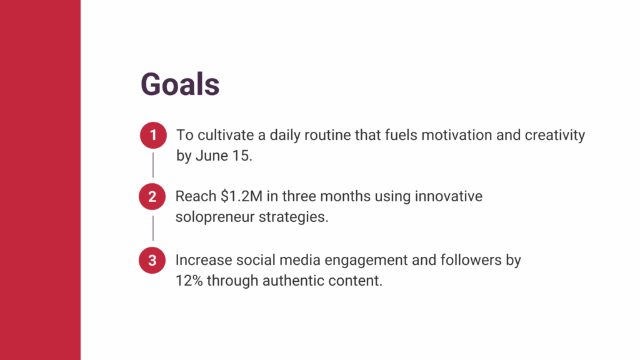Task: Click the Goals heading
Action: (180, 84)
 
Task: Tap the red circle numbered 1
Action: (154, 135)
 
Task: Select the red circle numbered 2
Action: (152, 197)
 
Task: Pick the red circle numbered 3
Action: (152, 261)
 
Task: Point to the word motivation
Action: (457, 135)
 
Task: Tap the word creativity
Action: (555, 136)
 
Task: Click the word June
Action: (212, 156)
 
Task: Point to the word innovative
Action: (449, 196)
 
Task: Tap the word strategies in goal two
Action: (294, 217)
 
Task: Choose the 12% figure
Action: (189, 281)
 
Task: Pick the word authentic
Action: (293, 281)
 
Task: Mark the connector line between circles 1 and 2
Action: (153, 165)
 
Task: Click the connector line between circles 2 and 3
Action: (153, 228)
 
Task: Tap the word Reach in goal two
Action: (196, 196)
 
